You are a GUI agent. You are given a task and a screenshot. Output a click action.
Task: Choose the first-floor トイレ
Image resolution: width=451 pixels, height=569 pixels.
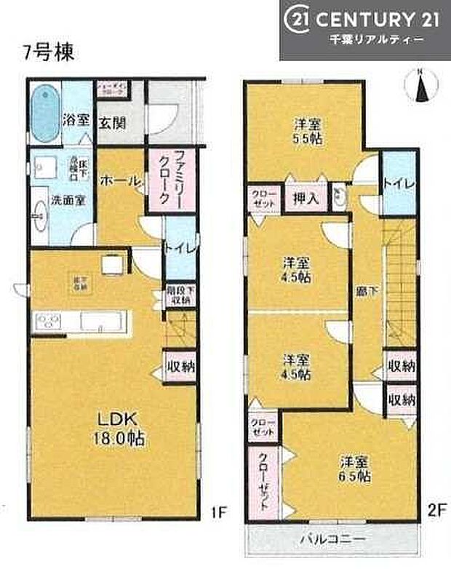178,248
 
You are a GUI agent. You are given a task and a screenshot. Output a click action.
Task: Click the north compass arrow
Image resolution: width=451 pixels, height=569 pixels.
420,87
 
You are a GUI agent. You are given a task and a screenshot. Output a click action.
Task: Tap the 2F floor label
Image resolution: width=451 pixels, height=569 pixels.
435,512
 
